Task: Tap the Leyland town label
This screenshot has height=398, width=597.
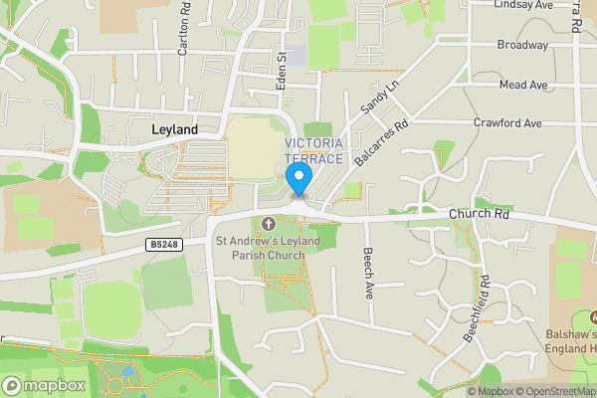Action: point(174,130)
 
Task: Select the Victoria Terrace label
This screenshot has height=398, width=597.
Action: point(313,151)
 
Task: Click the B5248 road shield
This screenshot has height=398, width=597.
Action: point(166,244)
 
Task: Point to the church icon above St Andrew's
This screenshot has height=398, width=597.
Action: point(268,221)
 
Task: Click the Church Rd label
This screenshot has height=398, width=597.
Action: point(479,214)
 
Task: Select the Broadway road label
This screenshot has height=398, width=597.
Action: point(522,45)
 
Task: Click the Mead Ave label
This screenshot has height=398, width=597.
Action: point(524,85)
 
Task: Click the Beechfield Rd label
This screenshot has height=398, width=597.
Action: point(477,308)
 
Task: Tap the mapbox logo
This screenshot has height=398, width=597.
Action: point(44,385)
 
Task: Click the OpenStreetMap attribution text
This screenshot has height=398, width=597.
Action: point(554,390)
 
